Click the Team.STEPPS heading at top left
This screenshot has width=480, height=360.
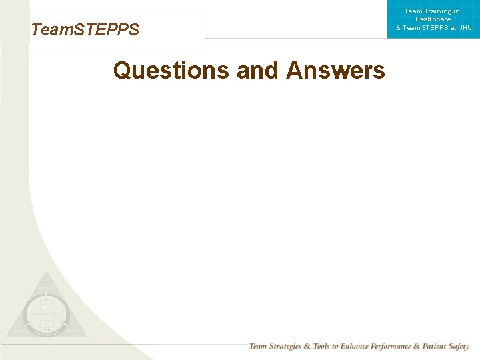coord(85,30)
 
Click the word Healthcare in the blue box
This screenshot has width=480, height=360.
coord(433,19)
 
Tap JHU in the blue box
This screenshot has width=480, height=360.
coord(465,27)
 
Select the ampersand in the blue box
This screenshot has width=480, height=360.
coord(399,27)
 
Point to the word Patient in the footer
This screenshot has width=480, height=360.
coord(442,347)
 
